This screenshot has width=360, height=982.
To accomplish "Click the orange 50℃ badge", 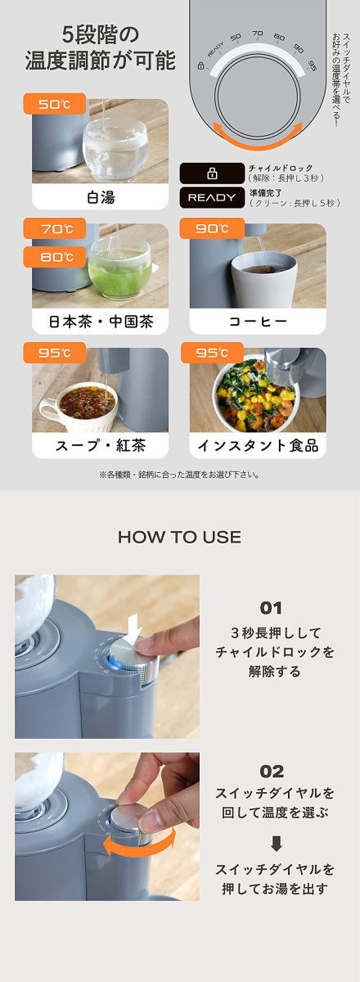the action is (x=54, y=104).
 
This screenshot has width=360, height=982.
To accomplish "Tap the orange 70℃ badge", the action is (x=54, y=228).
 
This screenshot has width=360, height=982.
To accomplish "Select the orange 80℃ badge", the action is (x=54, y=256).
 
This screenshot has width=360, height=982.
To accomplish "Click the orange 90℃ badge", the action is (x=212, y=228).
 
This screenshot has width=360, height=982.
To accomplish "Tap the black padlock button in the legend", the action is (x=212, y=173).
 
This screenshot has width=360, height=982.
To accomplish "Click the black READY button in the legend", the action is (x=212, y=198).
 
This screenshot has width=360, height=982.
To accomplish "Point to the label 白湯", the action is (x=101, y=197).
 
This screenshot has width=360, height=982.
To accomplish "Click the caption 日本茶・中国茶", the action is (x=101, y=322).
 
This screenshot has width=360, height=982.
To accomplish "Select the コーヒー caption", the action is (x=258, y=322).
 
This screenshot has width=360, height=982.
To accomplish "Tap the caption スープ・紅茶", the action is (x=101, y=446).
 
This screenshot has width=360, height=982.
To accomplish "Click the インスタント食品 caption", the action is (x=258, y=446).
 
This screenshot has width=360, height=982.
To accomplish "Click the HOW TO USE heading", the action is (x=179, y=537).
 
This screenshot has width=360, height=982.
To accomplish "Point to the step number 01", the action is (x=271, y=608).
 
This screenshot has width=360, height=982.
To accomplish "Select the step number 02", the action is (x=272, y=772).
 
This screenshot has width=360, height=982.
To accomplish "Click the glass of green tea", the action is (x=119, y=268).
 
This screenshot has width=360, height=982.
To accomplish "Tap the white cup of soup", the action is (x=79, y=408).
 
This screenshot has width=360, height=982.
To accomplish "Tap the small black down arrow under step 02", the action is (x=276, y=844).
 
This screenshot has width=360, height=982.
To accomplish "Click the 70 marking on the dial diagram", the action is (x=258, y=34).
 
